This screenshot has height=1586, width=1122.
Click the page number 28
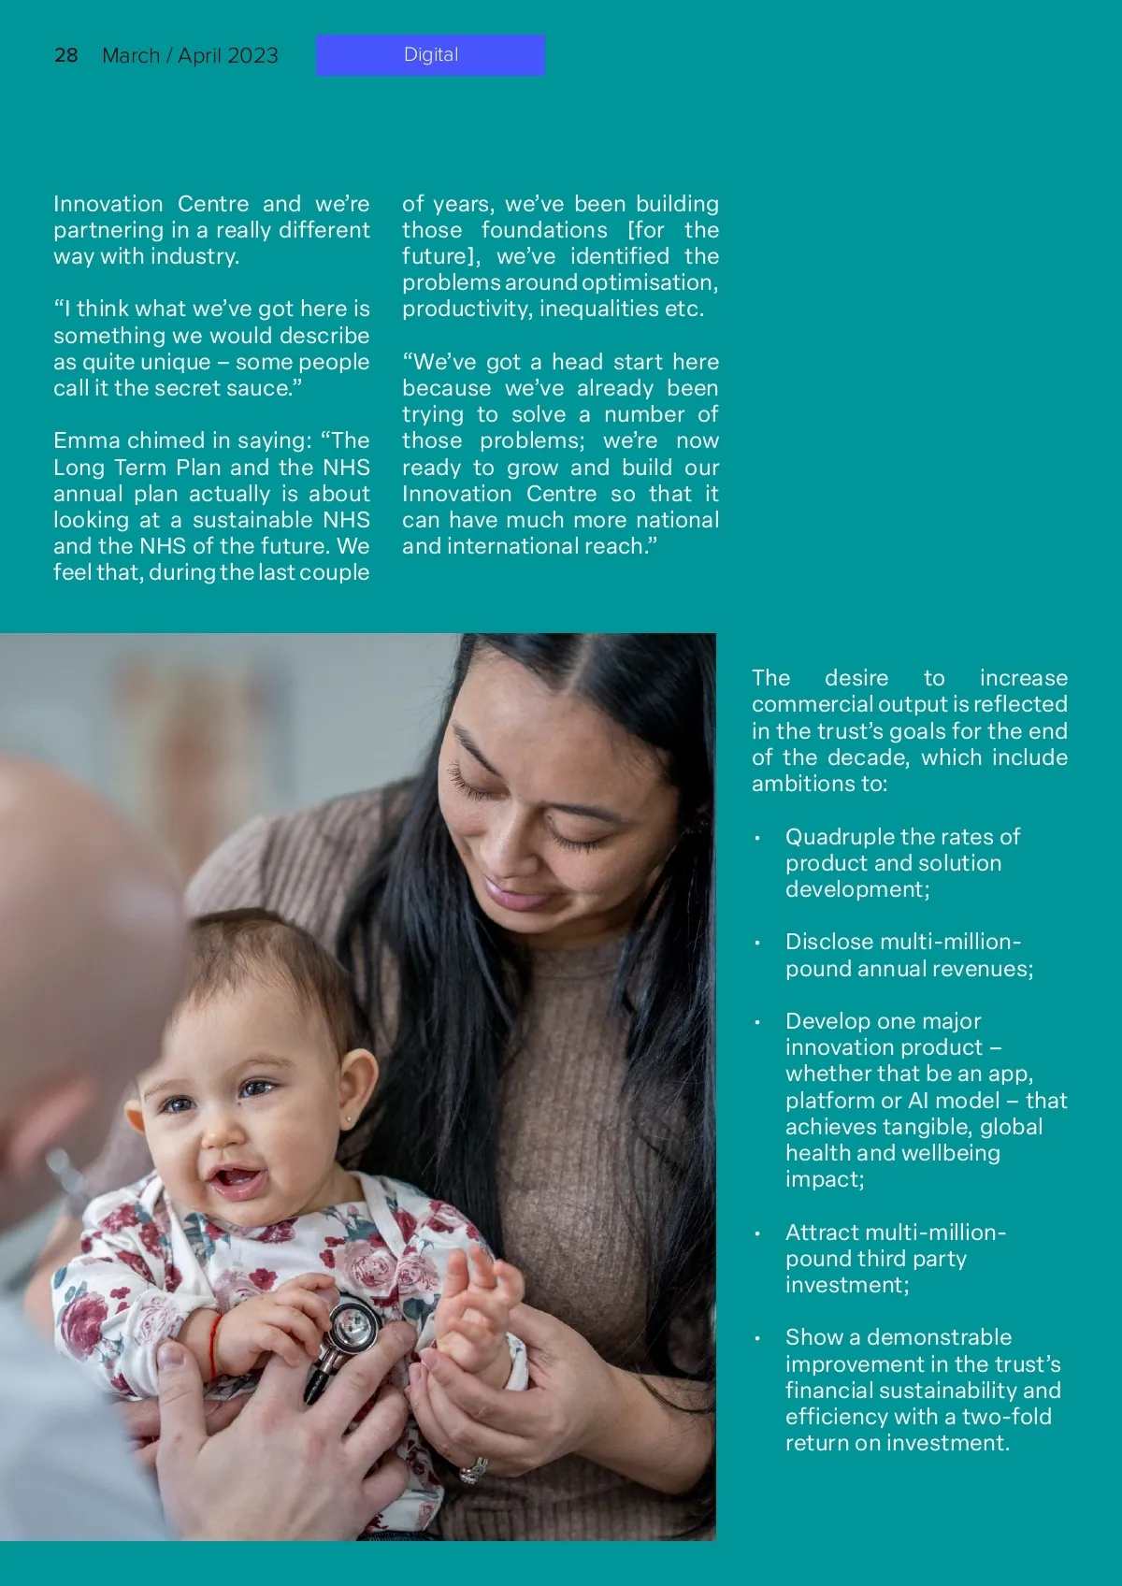coord(65,55)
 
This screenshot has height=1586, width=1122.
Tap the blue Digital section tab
coord(431,55)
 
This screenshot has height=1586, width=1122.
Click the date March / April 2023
coord(190,56)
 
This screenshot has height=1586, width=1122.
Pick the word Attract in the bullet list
coord(820,1233)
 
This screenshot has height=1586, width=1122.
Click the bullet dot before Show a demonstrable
coord(757,1339)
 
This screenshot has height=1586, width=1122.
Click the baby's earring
coord(349,1117)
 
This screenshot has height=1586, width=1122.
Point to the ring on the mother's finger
coord(472,1470)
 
